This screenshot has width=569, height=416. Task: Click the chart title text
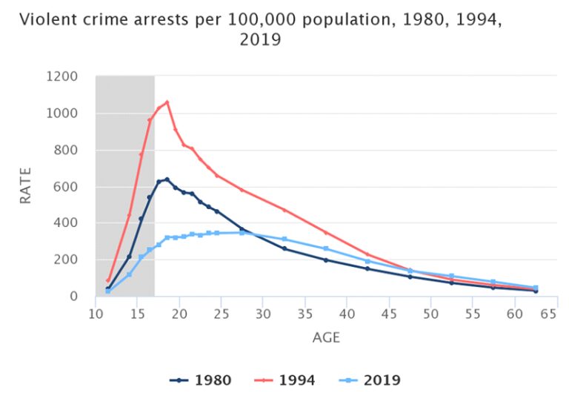coord(260,29)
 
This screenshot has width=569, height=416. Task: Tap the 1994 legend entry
coord(284,380)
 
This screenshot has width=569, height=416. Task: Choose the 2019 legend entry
coord(370,380)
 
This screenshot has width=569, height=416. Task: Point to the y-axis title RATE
coord(26,185)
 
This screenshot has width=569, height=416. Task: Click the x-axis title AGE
coord(326,337)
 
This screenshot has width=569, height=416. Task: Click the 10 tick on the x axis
coord(96,314)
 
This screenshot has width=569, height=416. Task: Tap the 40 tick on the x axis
coord(347,314)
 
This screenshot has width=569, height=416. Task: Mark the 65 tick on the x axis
coord(548,314)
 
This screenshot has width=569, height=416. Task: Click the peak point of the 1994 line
coord(167,102)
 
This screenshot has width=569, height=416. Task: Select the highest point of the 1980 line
coord(167,179)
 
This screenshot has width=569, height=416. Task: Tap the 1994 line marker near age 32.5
coord(284,210)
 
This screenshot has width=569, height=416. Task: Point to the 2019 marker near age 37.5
coord(325,248)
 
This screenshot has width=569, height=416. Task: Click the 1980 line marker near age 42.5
coord(367,268)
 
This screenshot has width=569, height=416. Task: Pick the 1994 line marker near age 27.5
coord(242,190)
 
